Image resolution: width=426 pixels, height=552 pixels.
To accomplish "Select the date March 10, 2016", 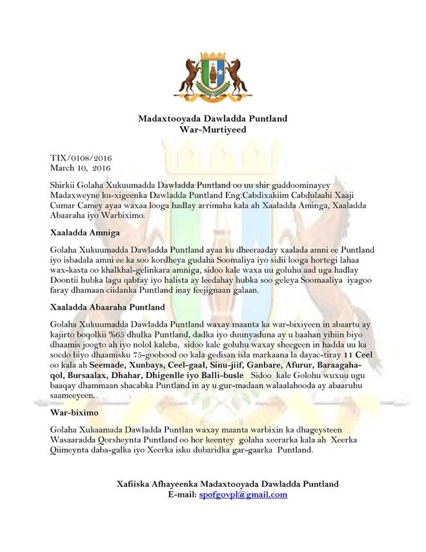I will [x=80, y=167].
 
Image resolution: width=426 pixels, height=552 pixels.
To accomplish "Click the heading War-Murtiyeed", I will [x=212, y=129].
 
